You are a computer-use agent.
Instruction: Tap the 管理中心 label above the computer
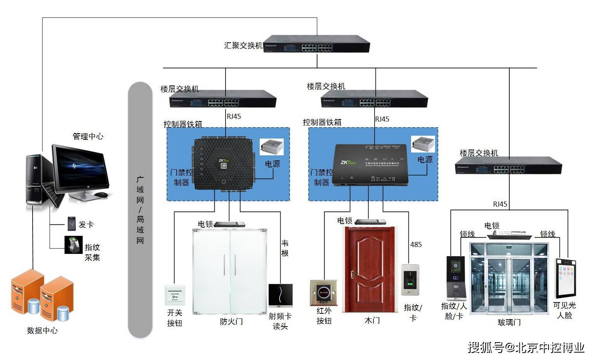pyautogui.click(x=88, y=136)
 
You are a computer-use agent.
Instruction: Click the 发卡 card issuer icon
pyautogui.click(x=71, y=224)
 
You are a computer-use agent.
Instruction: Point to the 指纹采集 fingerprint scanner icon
pyautogui.click(x=73, y=245)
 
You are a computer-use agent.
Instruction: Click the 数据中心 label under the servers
pyautogui.click(x=42, y=330)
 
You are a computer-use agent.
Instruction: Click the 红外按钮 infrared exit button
pyautogui.click(x=323, y=293)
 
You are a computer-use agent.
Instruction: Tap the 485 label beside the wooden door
pyautogui.click(x=416, y=245)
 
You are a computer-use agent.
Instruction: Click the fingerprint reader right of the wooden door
pyautogui.click(x=410, y=280)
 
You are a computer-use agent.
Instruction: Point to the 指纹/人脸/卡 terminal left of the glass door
pyautogui.click(x=455, y=278)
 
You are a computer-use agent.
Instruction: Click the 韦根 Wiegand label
pyautogui.click(x=285, y=248)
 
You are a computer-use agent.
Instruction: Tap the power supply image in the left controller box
pyautogui.click(x=271, y=147)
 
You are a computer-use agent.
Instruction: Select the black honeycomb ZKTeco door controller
pyautogui.click(x=223, y=163)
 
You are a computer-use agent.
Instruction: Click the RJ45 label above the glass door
pyautogui.click(x=500, y=204)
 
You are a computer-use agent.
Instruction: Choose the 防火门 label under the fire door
pyautogui.click(x=231, y=322)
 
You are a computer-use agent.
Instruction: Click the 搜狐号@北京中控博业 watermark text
pyautogui.click(x=526, y=347)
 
